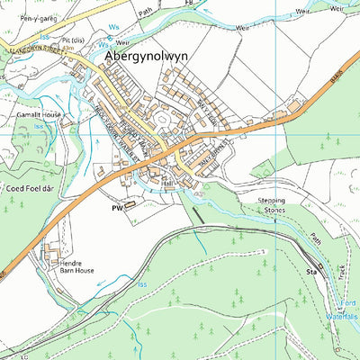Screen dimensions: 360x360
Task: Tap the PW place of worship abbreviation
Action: (x=115, y=206)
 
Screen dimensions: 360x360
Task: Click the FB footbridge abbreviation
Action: (x=188, y=4)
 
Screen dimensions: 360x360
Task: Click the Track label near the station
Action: (x=341, y=270)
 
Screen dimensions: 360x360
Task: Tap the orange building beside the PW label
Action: (x=130, y=204)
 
